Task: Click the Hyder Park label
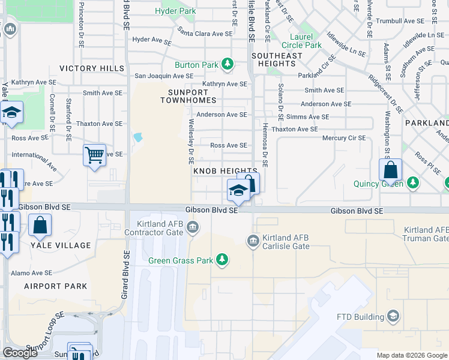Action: click(x=175, y=11)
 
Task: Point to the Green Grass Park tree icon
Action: click(x=222, y=259)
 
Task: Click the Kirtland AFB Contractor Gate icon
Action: click(x=193, y=227)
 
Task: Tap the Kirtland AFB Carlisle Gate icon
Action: click(x=253, y=241)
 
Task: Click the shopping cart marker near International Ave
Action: click(x=95, y=155)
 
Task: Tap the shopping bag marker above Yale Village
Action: click(x=40, y=226)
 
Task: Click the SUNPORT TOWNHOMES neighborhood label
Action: click(x=188, y=95)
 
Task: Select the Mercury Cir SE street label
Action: click(x=344, y=138)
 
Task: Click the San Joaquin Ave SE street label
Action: click(x=164, y=76)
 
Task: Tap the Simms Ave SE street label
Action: click(x=308, y=117)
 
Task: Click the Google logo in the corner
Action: click(x=20, y=353)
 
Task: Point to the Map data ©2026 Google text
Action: click(x=412, y=355)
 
